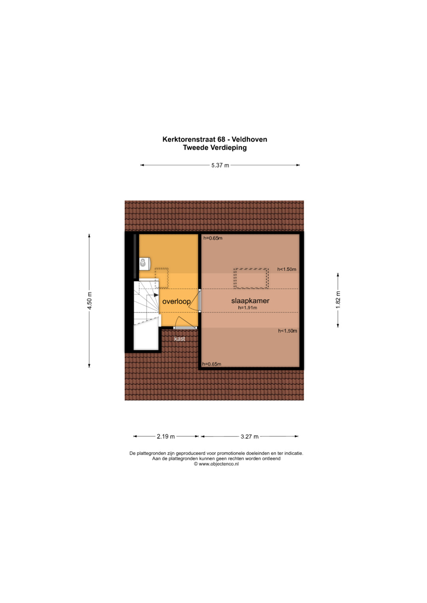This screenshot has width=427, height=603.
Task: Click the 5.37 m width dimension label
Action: [220, 165]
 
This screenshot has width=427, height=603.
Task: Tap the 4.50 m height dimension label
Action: [89, 301]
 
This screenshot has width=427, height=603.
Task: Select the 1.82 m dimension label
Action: [338, 300]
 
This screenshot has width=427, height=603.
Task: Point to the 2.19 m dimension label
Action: [166, 436]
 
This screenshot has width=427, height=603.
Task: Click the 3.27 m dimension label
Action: [249, 436]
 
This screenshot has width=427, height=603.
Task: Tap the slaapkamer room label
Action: [250, 301]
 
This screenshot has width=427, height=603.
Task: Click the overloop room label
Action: [176, 302]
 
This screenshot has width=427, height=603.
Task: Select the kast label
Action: [179, 339]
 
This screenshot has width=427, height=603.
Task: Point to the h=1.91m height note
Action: [248, 307]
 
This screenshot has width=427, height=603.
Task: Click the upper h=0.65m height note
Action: [213, 238]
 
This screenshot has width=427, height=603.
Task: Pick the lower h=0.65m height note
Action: [212, 364]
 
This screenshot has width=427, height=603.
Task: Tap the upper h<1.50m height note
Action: [287, 269]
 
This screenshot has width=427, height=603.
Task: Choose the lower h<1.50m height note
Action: [288, 331]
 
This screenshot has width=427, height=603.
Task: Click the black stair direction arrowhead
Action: [156, 295]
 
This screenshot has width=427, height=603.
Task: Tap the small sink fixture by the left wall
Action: [144, 263]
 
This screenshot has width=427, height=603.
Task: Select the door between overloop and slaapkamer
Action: [200, 301]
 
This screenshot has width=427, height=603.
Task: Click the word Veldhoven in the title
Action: [249, 139]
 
